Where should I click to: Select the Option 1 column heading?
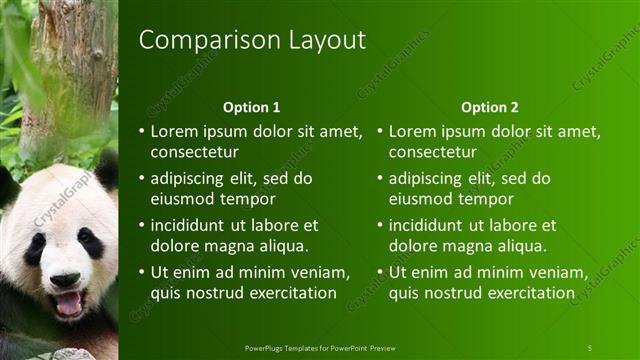pyautogui.click(x=252, y=107)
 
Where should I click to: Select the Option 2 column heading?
pyautogui.click(x=490, y=107)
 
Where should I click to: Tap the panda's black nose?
pyautogui.click(x=64, y=280)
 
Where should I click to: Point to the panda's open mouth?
pyautogui.click(x=68, y=302)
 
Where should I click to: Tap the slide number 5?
pyautogui.click(x=590, y=347)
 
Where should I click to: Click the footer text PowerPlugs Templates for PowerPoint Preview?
pyautogui.click(x=319, y=347)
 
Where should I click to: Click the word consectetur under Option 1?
pyautogui.click(x=194, y=153)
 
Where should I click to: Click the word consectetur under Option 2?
pyautogui.click(x=432, y=153)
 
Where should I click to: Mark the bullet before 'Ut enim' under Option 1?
pyautogui.click(x=141, y=272)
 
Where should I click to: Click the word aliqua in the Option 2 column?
pyautogui.click(x=521, y=246)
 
